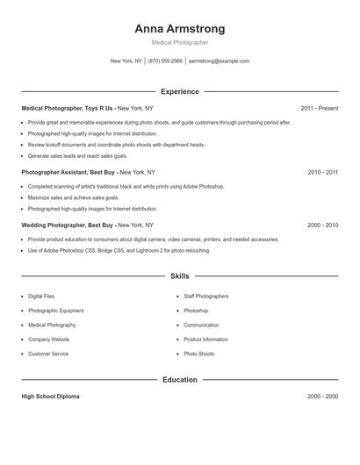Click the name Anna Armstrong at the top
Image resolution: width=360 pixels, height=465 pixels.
click(x=179, y=28)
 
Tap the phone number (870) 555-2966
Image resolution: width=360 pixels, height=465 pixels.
click(x=165, y=61)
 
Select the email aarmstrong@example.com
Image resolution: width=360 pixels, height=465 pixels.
click(x=219, y=61)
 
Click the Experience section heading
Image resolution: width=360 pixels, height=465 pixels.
click(x=179, y=91)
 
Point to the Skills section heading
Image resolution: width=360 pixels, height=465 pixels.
click(x=179, y=275)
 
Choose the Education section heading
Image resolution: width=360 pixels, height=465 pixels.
click(x=179, y=380)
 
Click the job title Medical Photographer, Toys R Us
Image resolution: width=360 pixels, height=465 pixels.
click(x=68, y=109)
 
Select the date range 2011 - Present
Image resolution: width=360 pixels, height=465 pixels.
click(x=319, y=109)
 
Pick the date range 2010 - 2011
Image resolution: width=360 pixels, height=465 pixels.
click(x=322, y=173)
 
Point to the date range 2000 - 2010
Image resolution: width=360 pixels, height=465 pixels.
click(x=322, y=225)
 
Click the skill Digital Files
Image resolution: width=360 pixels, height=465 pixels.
click(x=41, y=297)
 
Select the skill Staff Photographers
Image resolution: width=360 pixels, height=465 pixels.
click(x=205, y=297)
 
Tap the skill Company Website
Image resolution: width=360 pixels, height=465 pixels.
click(x=48, y=340)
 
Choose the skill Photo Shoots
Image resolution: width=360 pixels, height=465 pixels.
click(x=198, y=354)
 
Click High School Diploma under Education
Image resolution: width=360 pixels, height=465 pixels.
click(x=50, y=397)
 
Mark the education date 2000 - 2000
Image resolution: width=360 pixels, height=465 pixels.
click(x=322, y=397)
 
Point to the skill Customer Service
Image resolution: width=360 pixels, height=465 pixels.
click(x=48, y=354)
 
